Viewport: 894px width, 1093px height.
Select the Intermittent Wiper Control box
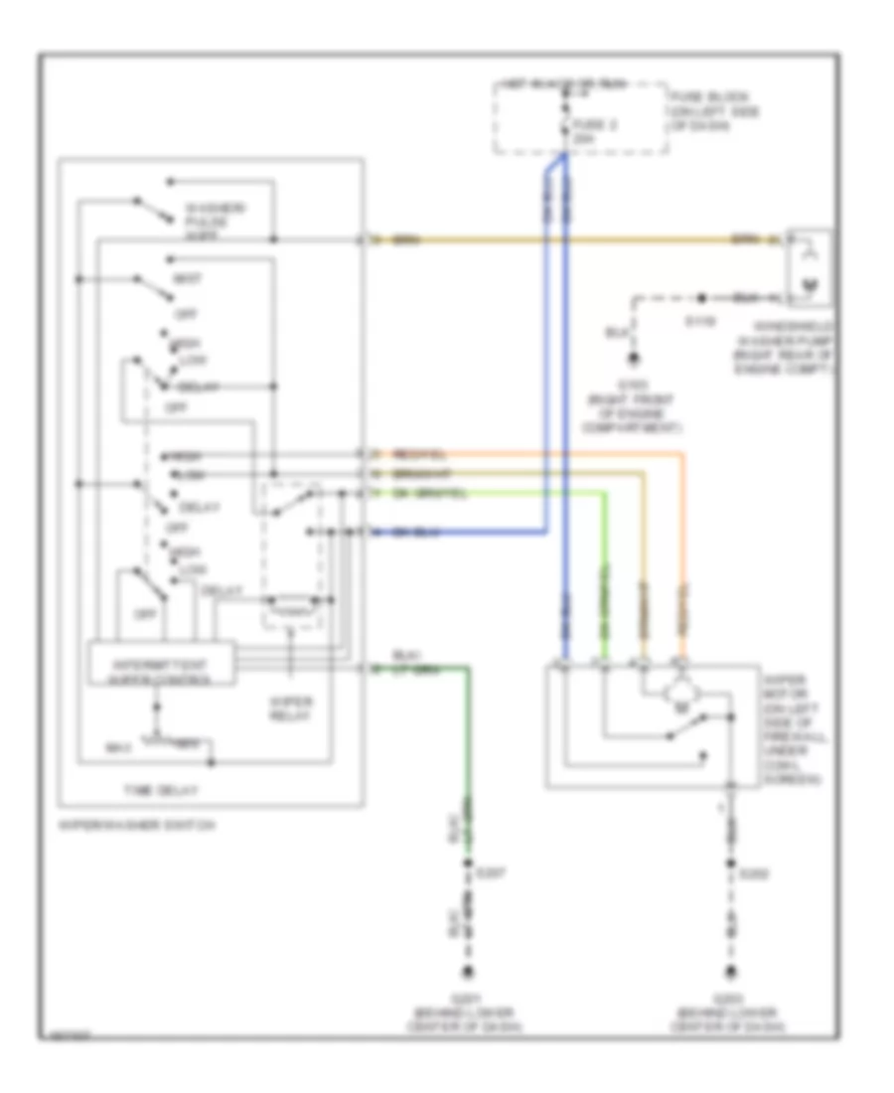tap(162, 664)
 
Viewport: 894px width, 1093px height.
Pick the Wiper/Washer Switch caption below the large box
tap(137, 824)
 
